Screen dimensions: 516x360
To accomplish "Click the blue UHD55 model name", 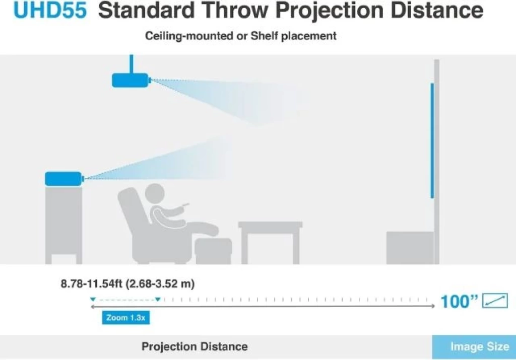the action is click(50, 10).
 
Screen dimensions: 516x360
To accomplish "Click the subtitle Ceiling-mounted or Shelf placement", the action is click(240, 36).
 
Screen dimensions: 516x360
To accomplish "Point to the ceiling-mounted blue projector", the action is click(131, 80).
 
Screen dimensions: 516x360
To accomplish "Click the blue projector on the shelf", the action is click(63, 179).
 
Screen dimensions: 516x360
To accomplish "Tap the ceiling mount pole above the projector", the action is click(132, 64).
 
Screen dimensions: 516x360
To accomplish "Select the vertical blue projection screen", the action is click(432, 140).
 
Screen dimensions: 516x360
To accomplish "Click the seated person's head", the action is click(155, 194).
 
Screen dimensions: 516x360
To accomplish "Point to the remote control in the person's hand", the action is click(185, 206).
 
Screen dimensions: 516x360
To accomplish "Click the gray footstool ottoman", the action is click(214, 251).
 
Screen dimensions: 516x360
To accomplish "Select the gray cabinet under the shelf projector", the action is click(63, 225).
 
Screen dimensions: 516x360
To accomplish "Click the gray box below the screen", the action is click(410, 248).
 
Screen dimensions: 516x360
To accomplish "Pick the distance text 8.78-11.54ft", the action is click(92, 283).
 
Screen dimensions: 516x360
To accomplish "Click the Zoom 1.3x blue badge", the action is click(125, 318).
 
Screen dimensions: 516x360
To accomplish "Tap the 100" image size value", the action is click(459, 301).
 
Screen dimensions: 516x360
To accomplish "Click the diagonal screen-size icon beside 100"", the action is click(495, 301).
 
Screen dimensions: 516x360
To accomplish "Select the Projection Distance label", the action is click(195, 346).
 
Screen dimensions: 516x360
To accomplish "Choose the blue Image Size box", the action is click(474, 347).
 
